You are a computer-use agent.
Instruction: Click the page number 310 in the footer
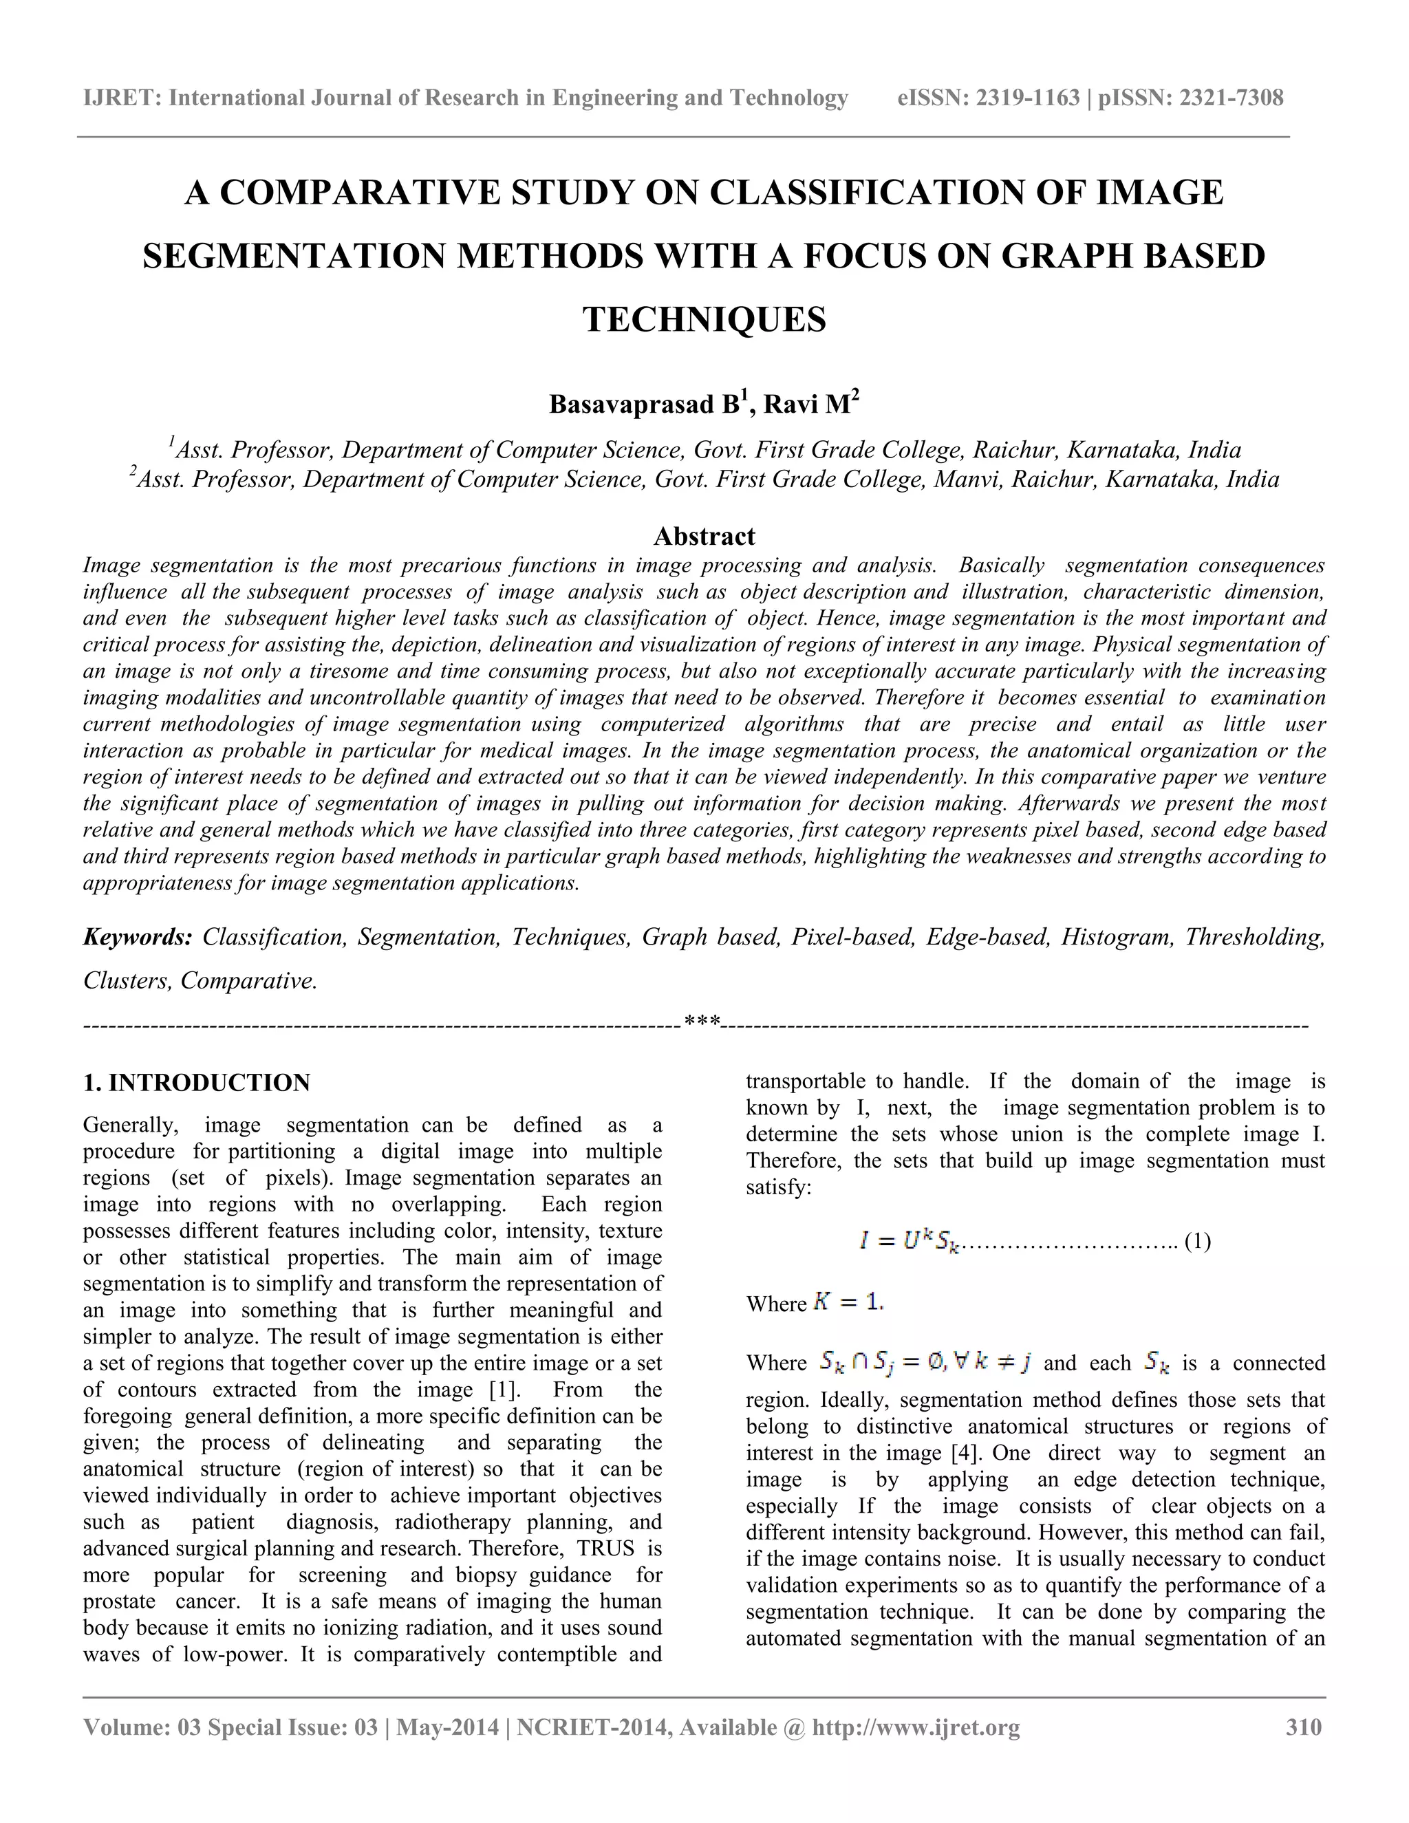click(x=1303, y=1727)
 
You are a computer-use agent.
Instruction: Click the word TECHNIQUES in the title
click(x=704, y=320)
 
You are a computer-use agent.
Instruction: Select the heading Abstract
click(x=704, y=536)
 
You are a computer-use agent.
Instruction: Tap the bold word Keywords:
click(x=138, y=938)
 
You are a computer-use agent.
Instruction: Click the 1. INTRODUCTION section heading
click(x=196, y=1083)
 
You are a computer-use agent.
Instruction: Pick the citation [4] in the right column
click(x=967, y=1453)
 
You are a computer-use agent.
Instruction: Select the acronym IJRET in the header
click(x=118, y=98)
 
